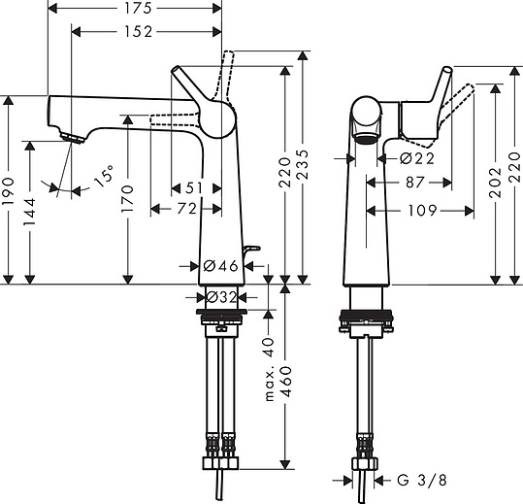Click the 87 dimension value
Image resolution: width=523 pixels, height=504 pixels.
[x=415, y=182]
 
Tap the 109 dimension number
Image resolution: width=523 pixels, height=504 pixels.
[x=420, y=209]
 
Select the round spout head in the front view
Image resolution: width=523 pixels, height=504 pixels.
[x=367, y=117]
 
